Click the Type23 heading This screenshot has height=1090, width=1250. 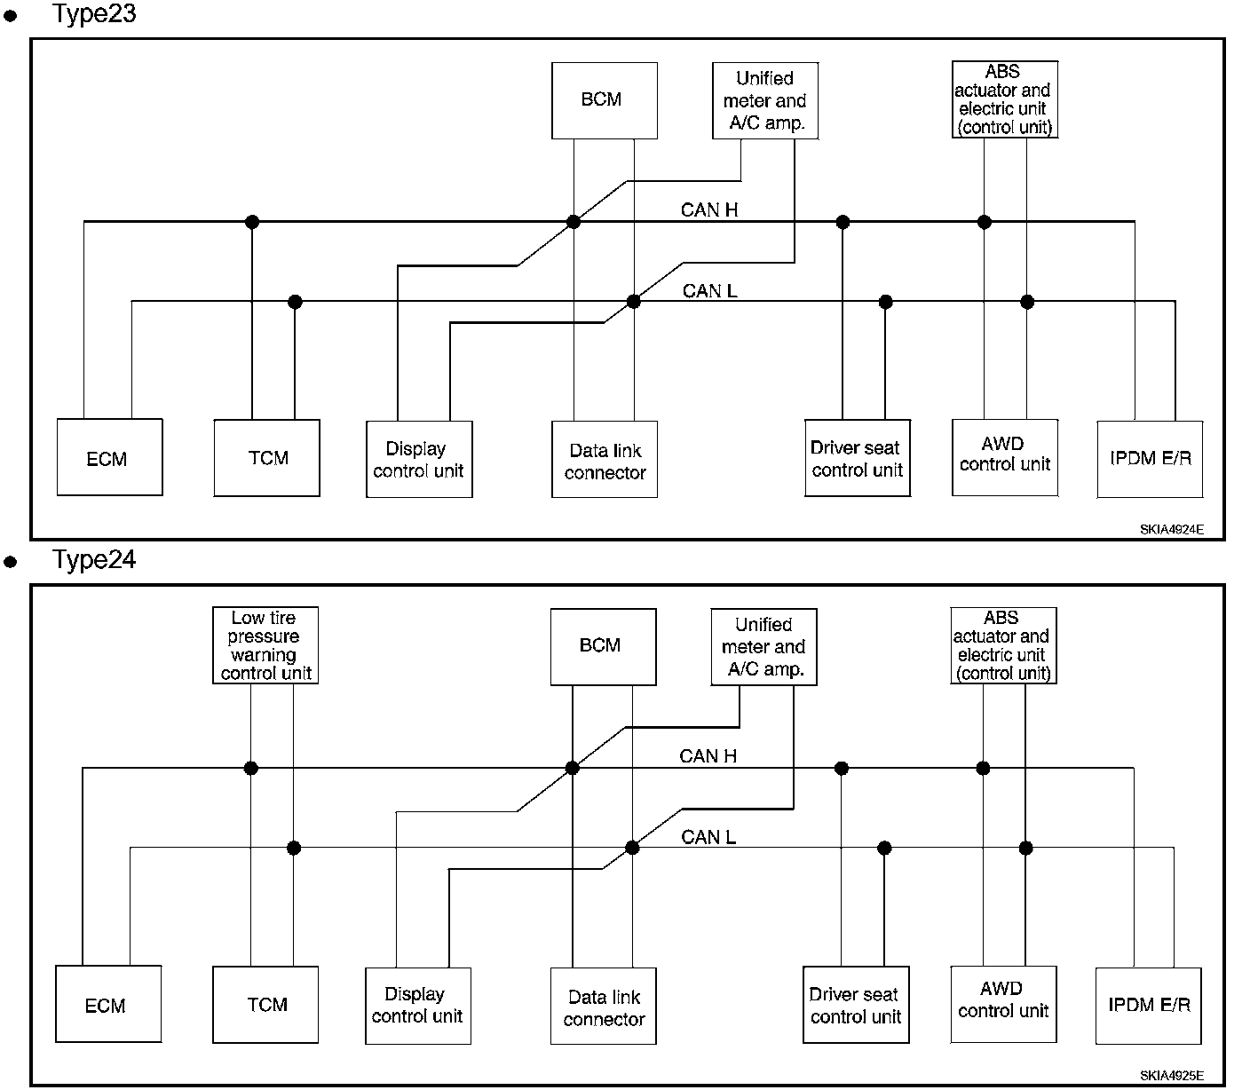click(x=94, y=14)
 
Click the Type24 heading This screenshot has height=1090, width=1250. click(x=94, y=560)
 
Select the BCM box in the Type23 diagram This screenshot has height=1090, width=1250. click(x=605, y=100)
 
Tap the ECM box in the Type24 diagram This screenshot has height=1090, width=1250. click(x=108, y=1003)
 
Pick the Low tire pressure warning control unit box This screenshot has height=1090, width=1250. click(x=265, y=644)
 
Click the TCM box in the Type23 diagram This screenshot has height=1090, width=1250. click(x=266, y=457)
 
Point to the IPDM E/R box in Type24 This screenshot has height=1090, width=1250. click(x=1149, y=1006)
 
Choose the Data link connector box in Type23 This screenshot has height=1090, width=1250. click(x=605, y=459)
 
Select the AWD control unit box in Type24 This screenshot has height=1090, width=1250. click(x=1003, y=1004)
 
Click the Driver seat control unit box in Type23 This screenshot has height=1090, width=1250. click(x=858, y=457)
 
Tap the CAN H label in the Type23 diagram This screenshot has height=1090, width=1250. click(x=709, y=210)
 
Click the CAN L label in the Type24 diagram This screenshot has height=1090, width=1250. click(x=708, y=837)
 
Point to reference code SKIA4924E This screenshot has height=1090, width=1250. click(x=1171, y=529)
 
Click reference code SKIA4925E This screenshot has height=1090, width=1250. click(x=1171, y=1075)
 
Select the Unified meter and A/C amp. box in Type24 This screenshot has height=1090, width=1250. click(x=763, y=647)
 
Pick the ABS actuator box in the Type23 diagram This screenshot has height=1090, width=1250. click(x=1005, y=99)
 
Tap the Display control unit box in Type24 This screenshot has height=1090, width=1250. click(x=418, y=1006)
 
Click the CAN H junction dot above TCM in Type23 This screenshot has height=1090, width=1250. click(x=252, y=222)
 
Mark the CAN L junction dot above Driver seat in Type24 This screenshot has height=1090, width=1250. click(x=884, y=848)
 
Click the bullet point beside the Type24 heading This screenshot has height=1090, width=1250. click(x=11, y=562)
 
